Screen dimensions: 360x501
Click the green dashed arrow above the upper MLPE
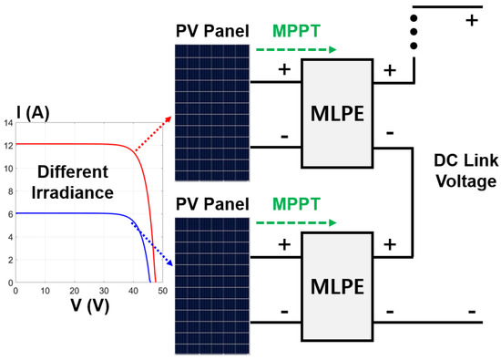point(293,51)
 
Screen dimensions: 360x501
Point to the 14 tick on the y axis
point(9,122)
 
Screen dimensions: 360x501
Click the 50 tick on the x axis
point(158,292)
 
